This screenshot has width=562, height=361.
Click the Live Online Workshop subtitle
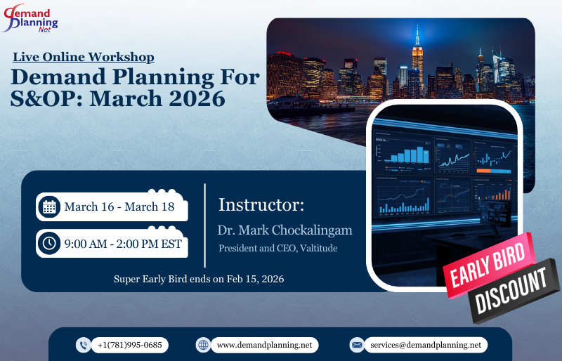click(x=84, y=58)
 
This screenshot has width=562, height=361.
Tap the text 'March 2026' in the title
click(x=163, y=98)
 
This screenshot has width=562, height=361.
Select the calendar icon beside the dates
click(x=49, y=206)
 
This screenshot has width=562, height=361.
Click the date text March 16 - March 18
click(x=119, y=206)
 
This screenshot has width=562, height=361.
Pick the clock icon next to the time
click(x=49, y=244)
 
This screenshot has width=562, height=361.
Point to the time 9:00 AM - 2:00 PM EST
click(x=123, y=244)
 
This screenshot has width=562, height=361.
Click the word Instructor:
click(x=261, y=205)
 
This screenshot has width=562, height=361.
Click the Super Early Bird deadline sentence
click(x=199, y=279)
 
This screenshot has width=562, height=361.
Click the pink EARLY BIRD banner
click(x=486, y=266)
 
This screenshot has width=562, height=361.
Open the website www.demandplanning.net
click(x=264, y=345)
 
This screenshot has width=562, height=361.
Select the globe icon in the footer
click(x=204, y=345)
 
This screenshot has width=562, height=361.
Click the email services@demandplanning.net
click(x=426, y=345)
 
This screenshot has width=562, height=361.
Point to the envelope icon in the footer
click(x=357, y=345)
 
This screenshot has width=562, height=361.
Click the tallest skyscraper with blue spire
click(x=417, y=60)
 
